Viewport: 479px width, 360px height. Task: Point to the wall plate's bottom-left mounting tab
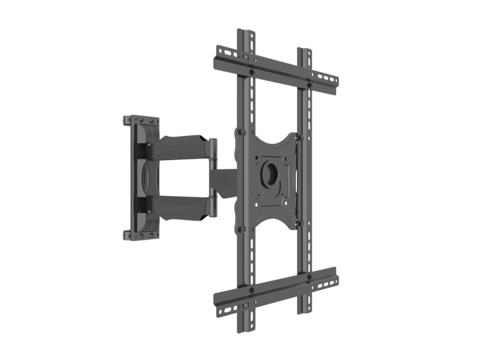128,235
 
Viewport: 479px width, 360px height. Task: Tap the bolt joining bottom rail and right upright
309,277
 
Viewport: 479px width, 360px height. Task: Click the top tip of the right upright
305,48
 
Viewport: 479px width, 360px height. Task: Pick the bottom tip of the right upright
305,311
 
